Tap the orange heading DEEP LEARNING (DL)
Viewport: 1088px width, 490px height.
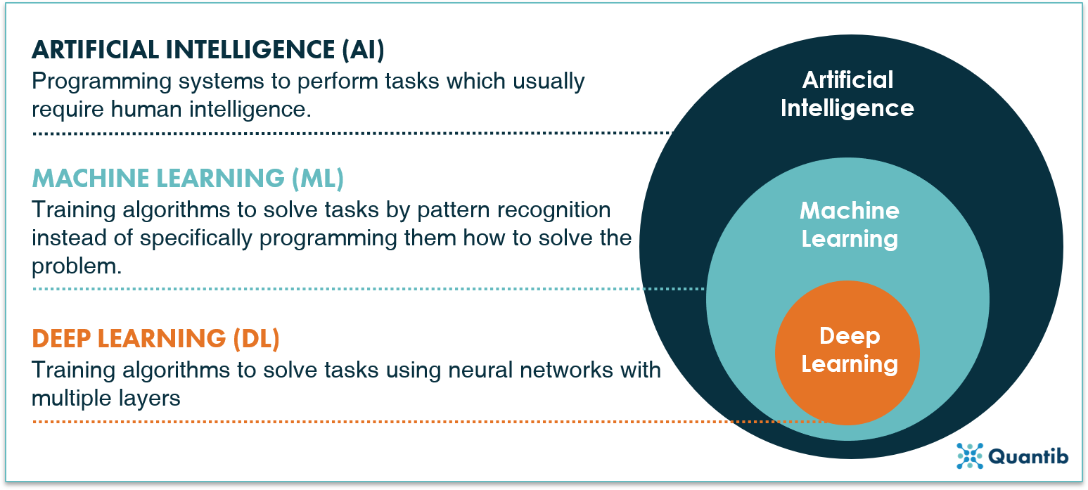point(155,339)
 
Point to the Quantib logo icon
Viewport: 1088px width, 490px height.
point(970,456)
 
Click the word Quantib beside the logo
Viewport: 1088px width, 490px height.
point(1029,457)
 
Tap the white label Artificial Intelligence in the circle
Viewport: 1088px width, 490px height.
point(847,94)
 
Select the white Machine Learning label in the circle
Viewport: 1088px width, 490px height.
point(850,225)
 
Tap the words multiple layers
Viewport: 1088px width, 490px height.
point(106,398)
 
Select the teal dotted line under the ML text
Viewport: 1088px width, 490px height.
point(366,289)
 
